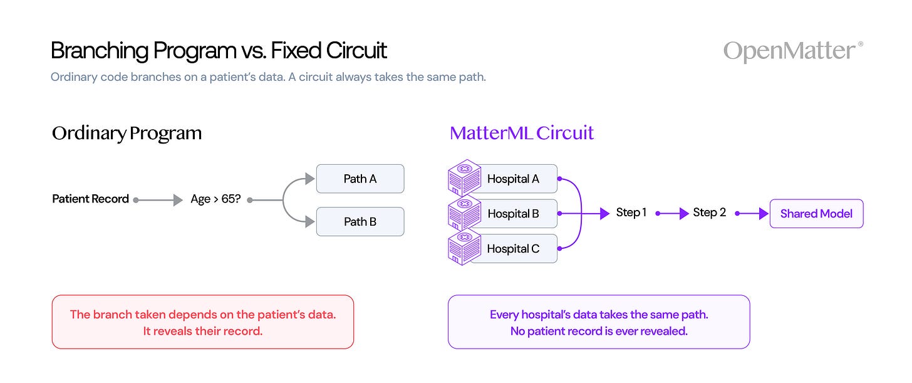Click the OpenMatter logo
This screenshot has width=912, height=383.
coord(793,51)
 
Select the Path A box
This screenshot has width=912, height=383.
coord(360,179)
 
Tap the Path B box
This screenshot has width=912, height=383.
coord(360,222)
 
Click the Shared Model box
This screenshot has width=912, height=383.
coord(816,214)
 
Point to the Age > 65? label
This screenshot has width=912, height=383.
coord(215,199)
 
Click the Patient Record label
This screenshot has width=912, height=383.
coord(90,199)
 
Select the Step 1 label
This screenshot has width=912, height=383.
coord(631,212)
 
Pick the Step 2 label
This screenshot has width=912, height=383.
coord(709,212)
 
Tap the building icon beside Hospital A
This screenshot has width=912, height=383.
coord(464,177)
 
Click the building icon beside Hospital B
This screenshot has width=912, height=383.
coord(464,212)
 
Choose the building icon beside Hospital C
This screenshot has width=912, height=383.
coord(464,248)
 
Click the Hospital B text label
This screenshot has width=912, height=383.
coord(513,214)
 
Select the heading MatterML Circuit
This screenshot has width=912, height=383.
coord(522,134)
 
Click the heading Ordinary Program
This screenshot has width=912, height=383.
coord(127,134)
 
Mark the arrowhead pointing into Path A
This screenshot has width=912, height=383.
coord(310,179)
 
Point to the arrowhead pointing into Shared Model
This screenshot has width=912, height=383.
coord(764,214)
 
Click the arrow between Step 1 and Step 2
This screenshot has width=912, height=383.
coord(672,214)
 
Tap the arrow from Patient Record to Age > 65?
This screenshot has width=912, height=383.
coord(158,200)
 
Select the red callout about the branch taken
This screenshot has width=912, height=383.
coord(203,322)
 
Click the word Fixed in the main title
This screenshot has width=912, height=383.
coord(296,51)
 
